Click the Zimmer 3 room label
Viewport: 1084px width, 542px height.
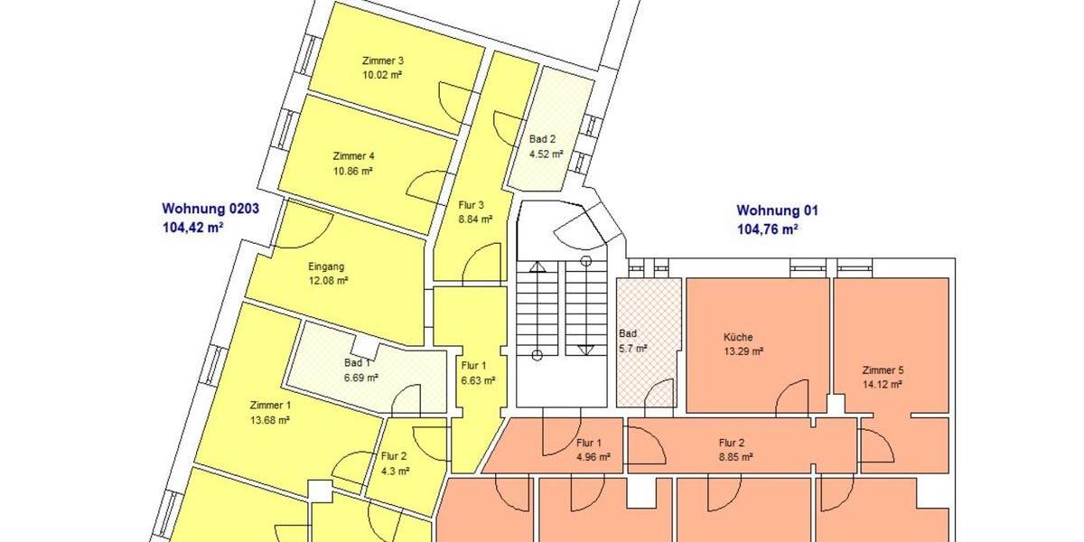[x=382, y=61]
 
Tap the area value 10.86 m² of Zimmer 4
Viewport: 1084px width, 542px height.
[x=353, y=171]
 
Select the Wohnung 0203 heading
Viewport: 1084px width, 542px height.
[x=210, y=209]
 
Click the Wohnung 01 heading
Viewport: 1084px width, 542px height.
[x=777, y=210]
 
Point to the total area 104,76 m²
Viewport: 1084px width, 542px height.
[x=768, y=229]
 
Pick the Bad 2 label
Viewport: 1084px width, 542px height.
[x=543, y=139]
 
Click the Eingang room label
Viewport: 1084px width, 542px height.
[x=326, y=266]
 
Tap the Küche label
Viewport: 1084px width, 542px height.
[x=738, y=337]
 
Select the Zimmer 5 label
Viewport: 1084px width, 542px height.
[x=883, y=370]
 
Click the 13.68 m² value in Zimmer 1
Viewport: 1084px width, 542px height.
[x=269, y=420]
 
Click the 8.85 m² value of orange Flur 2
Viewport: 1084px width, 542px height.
[x=735, y=457]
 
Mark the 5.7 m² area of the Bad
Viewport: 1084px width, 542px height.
[x=632, y=348]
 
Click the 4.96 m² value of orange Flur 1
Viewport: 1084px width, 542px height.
[x=593, y=457]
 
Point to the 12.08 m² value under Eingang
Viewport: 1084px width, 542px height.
[x=328, y=281]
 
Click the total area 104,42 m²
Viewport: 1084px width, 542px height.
[x=192, y=228]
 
